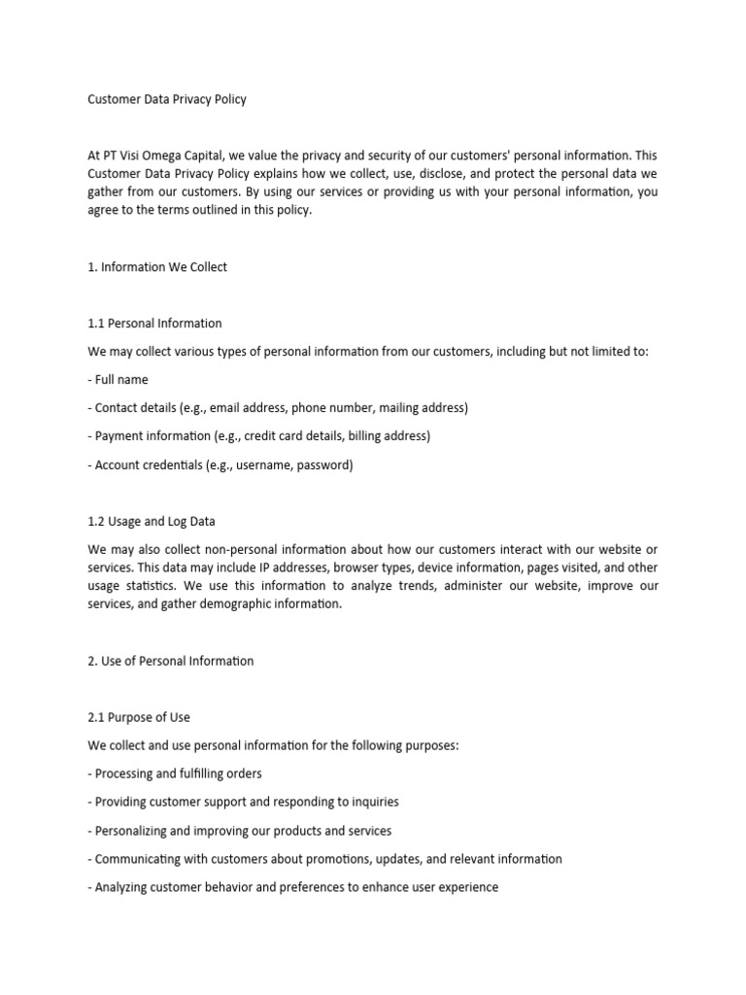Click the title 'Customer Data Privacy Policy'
(166, 99)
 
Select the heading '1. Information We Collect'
(156, 267)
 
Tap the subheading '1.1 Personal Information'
(154, 324)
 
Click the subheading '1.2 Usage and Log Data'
(152, 521)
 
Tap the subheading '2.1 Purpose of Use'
(139, 717)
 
